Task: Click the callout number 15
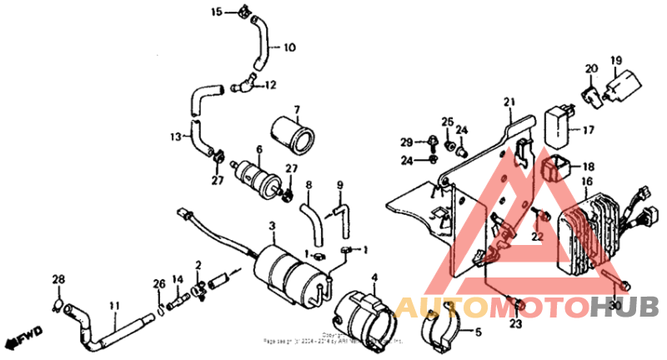(x=217, y=12)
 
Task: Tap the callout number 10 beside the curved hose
(x=289, y=47)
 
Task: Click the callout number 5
(x=478, y=332)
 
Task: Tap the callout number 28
(x=58, y=278)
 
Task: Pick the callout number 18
(x=588, y=167)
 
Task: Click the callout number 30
(x=616, y=306)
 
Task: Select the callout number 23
(x=514, y=324)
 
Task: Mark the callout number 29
(x=406, y=141)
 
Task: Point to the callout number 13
(x=175, y=136)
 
